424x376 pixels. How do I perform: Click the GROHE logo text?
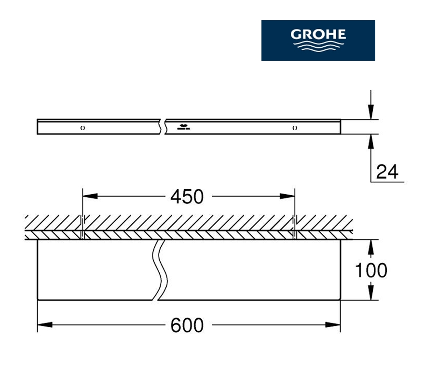click(318, 34)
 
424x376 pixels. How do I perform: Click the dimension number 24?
click(387, 172)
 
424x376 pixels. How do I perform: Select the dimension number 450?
click(187, 197)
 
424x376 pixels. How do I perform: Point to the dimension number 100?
click(371, 270)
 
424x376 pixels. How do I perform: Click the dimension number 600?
click(187, 325)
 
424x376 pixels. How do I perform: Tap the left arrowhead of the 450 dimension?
click(90, 196)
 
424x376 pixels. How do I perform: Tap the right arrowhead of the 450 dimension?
click(287, 196)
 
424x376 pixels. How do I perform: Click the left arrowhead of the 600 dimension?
click(45, 324)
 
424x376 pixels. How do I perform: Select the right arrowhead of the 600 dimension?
click(333, 324)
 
